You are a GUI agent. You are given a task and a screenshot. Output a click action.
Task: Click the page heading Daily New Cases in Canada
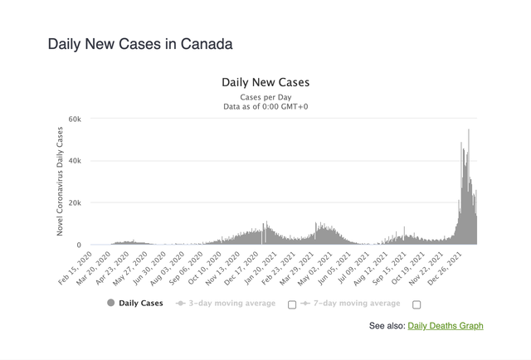click(x=140, y=44)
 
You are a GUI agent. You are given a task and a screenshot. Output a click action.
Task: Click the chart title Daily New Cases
click(x=265, y=83)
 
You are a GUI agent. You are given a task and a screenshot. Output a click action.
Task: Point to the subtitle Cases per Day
click(x=265, y=97)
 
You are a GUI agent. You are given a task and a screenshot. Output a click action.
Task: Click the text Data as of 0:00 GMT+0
click(x=265, y=106)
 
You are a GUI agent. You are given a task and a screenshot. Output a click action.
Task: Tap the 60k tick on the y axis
click(x=74, y=119)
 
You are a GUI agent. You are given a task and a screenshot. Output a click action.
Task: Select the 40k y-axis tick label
click(x=74, y=161)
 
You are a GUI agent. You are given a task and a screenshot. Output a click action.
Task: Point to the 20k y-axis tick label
click(x=74, y=203)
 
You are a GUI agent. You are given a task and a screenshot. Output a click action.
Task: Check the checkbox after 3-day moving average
click(x=292, y=304)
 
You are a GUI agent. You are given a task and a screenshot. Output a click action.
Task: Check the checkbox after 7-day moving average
click(x=417, y=304)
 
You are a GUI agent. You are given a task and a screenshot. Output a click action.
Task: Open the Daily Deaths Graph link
click(x=446, y=326)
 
